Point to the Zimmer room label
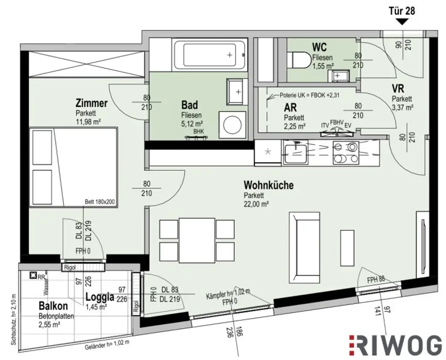pyautogui.click(x=91, y=103)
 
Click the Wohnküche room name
pyautogui.click(x=268, y=185)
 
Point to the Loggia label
pyautogui.click(x=99, y=298)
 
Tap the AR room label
pyautogui.click(x=291, y=108)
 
